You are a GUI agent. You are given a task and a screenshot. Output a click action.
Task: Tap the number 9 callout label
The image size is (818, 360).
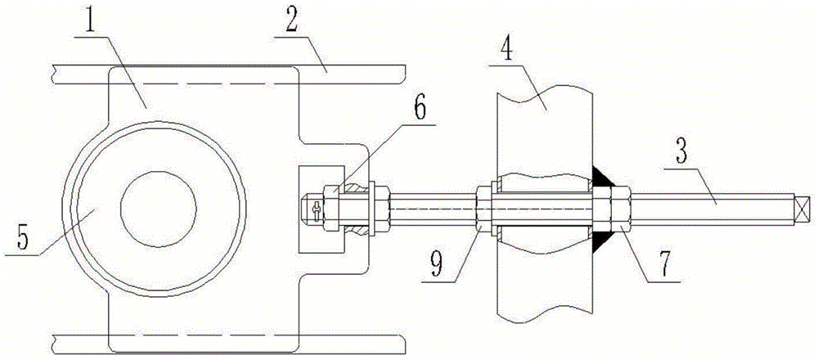[x=438, y=265]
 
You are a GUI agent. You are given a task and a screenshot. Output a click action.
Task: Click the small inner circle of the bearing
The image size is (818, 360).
[x=158, y=208]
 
